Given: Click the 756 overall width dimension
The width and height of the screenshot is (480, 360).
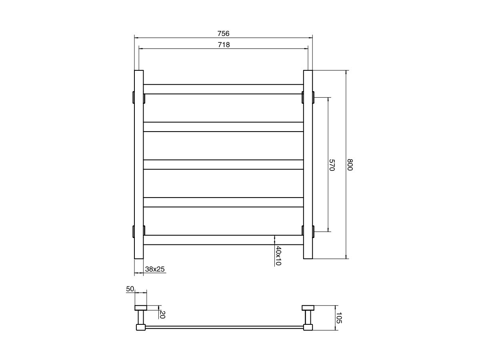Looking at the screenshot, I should tap(223, 33).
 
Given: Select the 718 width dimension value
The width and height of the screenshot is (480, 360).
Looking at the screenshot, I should tap(223, 44).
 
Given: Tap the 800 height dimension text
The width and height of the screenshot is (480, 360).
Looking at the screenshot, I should tap(350, 165).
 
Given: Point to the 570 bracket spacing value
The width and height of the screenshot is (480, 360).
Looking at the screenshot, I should tap(332, 165).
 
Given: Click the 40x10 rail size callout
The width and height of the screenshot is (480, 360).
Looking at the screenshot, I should tap(278, 256).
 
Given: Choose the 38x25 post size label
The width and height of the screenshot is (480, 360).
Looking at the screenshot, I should tap(155, 269).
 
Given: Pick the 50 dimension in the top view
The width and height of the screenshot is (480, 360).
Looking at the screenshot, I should tap(130, 289).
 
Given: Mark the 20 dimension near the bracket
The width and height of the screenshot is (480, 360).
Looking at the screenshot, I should tap(162, 314).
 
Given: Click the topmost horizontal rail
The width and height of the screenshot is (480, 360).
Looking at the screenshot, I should tap(223, 89).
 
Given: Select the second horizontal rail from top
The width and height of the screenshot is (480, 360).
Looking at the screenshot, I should tap(223, 127).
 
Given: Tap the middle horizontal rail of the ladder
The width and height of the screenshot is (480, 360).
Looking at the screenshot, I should tap(223, 165).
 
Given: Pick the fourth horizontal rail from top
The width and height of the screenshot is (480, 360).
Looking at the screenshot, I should tap(223, 202).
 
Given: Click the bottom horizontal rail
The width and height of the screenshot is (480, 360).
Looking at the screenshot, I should tap(223, 240).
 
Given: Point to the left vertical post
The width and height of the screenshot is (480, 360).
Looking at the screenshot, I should tap(138, 165).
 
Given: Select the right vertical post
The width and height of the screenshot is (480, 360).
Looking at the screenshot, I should tap(308, 165).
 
